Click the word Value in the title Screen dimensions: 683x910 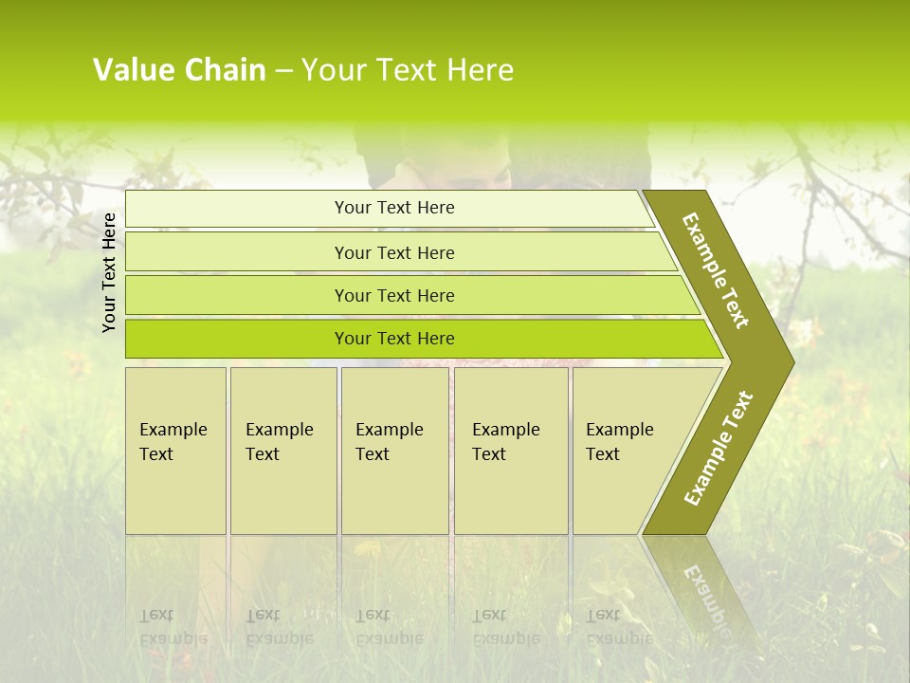click(x=131, y=70)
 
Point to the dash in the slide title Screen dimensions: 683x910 click(x=283, y=70)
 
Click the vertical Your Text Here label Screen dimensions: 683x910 click(x=109, y=272)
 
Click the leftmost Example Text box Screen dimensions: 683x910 click(x=175, y=451)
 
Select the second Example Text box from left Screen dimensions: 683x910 click(x=283, y=451)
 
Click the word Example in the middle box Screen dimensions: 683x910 click(x=389, y=430)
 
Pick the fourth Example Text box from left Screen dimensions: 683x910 click(x=511, y=451)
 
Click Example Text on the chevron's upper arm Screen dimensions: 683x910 click(x=716, y=270)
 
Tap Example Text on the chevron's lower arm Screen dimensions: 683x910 click(x=718, y=449)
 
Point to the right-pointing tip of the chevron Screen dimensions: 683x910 click(x=789, y=361)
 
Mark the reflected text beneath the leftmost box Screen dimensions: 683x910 click(x=173, y=627)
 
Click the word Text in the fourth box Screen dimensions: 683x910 click(x=489, y=454)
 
